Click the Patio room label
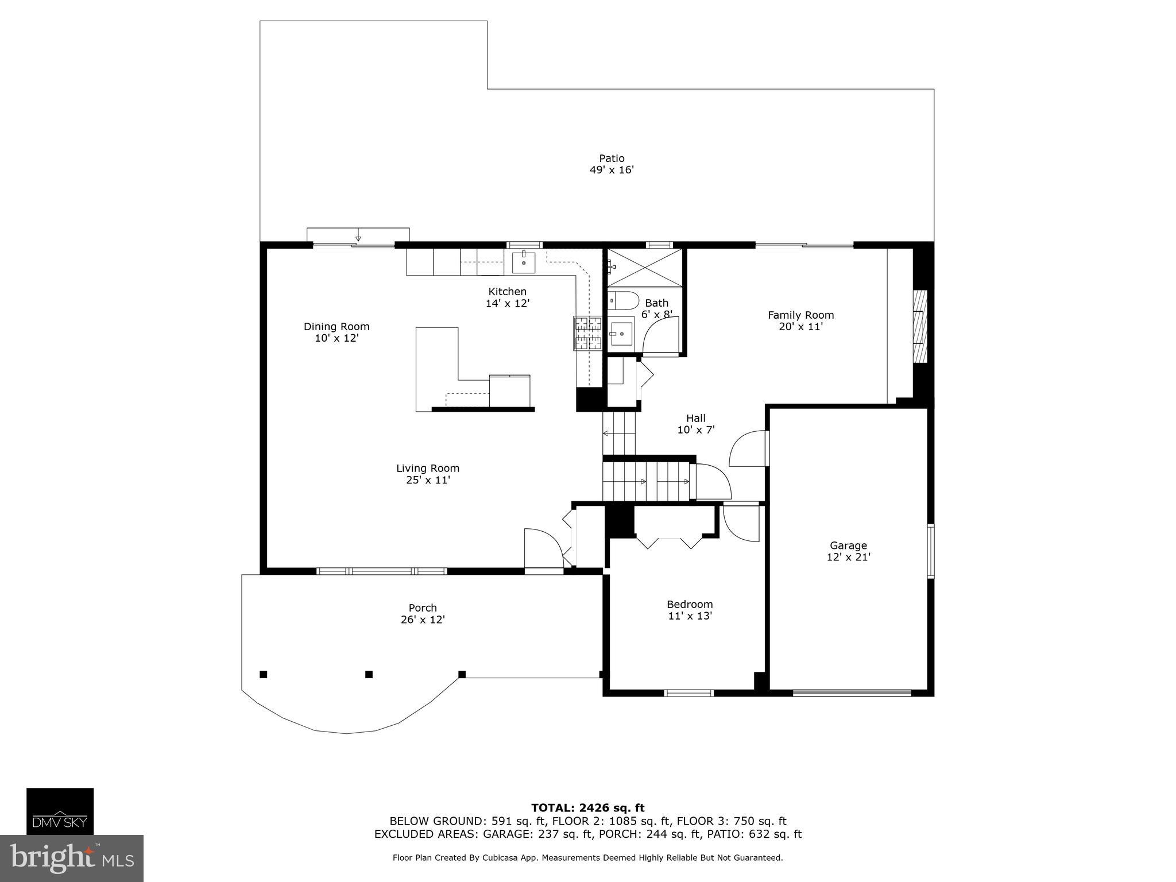point(612,158)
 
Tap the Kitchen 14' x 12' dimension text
point(507,303)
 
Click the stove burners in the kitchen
point(587,334)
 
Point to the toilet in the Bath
point(624,300)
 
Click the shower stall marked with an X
point(645,267)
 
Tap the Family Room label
point(800,315)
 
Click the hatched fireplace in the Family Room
point(920,326)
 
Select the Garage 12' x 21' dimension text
point(848,556)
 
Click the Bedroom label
point(689,604)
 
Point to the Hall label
point(695,418)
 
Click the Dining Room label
point(336,326)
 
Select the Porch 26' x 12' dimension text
point(423,620)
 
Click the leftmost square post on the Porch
point(264,674)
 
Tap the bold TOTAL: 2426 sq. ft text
point(587,808)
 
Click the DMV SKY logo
point(60,811)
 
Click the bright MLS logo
point(71,858)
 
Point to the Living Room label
point(428,468)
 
